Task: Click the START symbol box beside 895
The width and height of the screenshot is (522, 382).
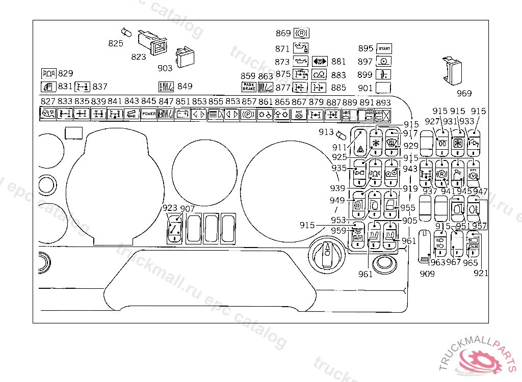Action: tap(384, 49)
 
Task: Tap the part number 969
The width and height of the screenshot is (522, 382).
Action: tap(464, 93)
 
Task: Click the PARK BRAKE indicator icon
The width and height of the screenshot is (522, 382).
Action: tap(248, 87)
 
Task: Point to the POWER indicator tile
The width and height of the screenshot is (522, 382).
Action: tap(149, 114)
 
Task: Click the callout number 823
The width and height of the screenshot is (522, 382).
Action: tap(138, 57)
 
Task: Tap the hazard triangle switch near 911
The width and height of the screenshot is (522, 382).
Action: tap(360, 144)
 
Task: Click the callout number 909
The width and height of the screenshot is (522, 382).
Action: tap(427, 274)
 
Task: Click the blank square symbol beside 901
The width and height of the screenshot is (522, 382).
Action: tap(384, 88)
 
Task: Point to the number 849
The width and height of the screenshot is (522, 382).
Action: tap(185, 86)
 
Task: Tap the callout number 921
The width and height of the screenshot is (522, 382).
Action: tap(480, 274)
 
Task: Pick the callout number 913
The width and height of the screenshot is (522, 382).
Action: tap(326, 132)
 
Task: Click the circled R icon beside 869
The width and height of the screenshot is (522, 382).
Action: tap(301, 34)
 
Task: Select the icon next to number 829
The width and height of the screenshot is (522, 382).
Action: tap(49, 73)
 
